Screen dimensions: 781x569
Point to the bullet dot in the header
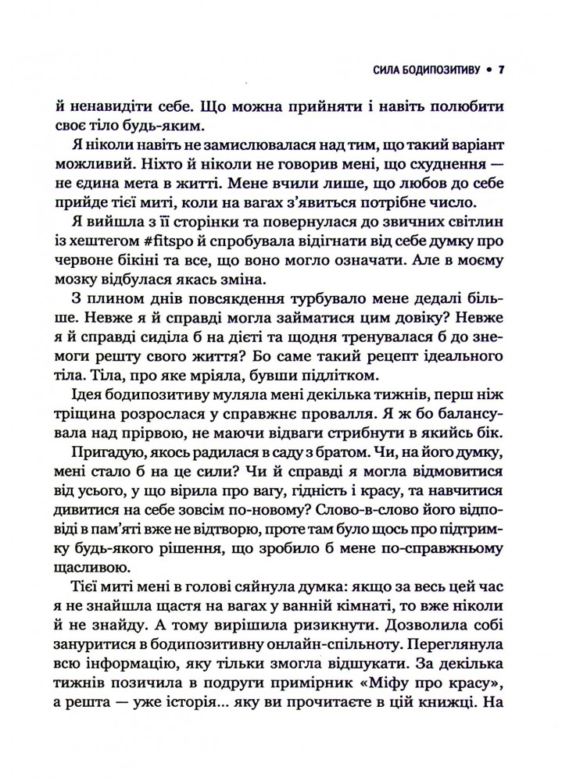[x=488, y=71]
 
